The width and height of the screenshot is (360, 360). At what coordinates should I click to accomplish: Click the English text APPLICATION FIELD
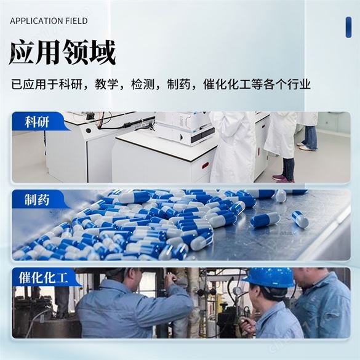click(x=49, y=21)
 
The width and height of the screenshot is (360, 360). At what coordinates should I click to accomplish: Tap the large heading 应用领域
click(x=62, y=53)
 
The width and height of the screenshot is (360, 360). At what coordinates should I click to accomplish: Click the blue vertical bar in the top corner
click(x=348, y=27)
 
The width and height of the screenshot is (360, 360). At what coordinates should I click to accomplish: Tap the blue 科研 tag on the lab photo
click(x=38, y=121)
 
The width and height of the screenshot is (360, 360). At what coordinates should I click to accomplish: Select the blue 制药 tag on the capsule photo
click(x=38, y=199)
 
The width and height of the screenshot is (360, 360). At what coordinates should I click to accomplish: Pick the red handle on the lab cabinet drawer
click(x=205, y=165)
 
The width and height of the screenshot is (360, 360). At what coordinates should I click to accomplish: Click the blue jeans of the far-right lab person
click(x=309, y=137)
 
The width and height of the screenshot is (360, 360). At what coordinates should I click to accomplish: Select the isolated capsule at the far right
click(x=300, y=220)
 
